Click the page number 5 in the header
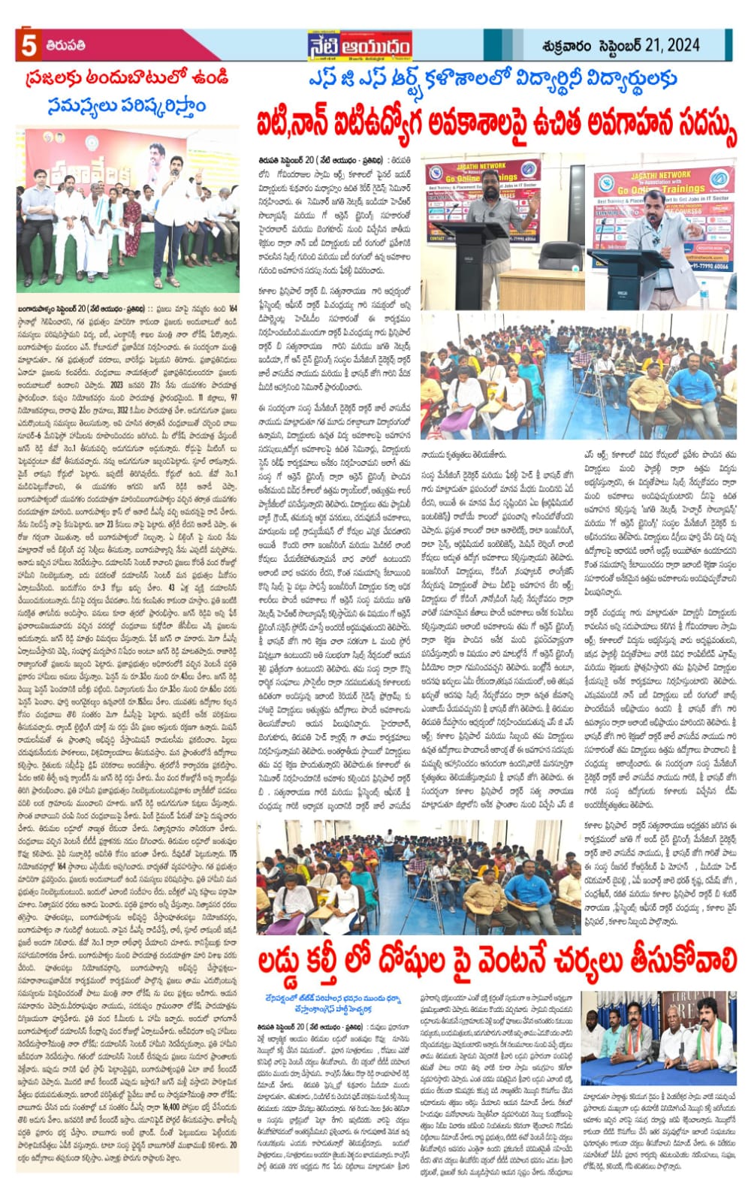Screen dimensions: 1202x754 29,46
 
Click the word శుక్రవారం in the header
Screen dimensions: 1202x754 569,46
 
